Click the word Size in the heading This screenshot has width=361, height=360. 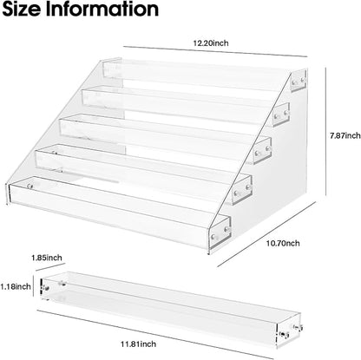coord(21,9)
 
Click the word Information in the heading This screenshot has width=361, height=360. coord(102,9)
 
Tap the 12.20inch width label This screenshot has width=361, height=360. coord(211,43)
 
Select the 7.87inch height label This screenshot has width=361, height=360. coord(345,135)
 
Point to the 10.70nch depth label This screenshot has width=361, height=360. coord(283,244)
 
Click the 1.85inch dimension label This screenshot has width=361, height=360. coord(47,258)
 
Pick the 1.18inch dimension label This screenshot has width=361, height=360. coord(16,286)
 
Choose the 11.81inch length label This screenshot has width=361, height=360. coord(138,344)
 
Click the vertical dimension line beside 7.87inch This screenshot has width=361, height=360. coord(326,132)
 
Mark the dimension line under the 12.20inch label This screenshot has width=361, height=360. coord(215,51)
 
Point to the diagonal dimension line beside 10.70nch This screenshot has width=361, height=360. coord(266,234)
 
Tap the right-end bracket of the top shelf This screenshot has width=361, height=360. coord(299,80)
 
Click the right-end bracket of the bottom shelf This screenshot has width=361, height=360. coord(220,232)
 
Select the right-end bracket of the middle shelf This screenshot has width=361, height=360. coord(262,151)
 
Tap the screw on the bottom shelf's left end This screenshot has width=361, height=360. coord(30,186)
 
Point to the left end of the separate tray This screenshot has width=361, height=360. coord(44,287)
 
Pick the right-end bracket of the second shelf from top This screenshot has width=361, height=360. coord(281,115)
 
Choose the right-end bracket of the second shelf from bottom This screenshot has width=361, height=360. coord(242,189)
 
